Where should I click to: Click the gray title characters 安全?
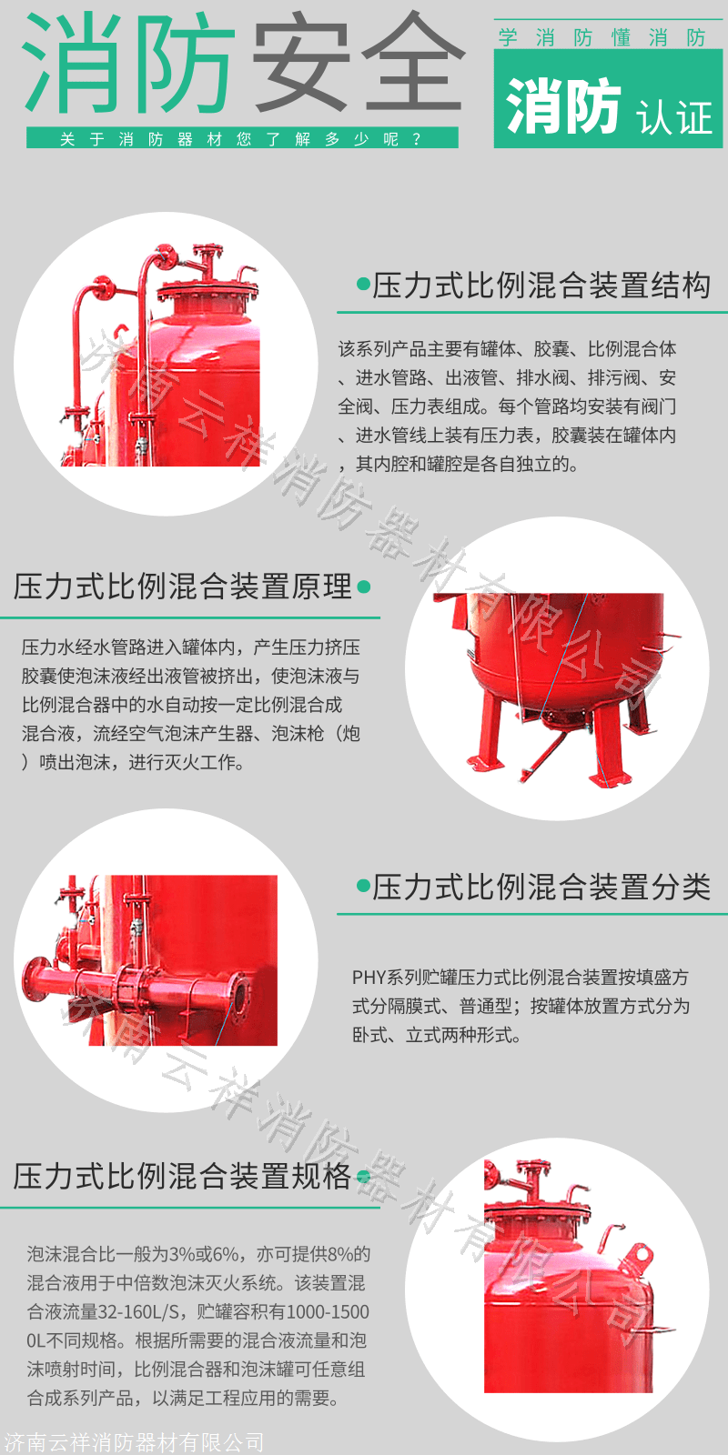[x=359, y=63]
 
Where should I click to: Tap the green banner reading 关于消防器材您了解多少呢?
[x=242, y=138]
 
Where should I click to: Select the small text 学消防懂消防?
[x=602, y=37]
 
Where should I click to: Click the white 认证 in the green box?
[x=673, y=117]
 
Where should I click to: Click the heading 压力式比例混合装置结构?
[x=541, y=286]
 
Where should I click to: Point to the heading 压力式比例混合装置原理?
[x=183, y=586]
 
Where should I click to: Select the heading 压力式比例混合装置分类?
[x=541, y=887]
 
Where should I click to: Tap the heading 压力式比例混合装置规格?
[x=183, y=1177]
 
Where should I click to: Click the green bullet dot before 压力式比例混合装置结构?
[x=363, y=285]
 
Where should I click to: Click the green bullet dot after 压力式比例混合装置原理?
[x=363, y=587]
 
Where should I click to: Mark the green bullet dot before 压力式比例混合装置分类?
[x=363, y=886]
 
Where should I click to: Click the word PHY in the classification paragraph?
[x=369, y=977]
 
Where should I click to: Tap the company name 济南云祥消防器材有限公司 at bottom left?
[x=133, y=1442]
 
